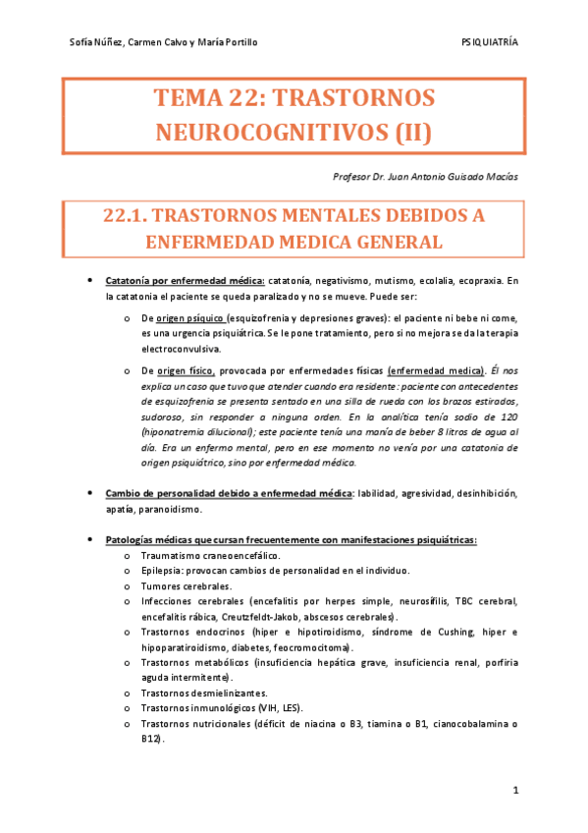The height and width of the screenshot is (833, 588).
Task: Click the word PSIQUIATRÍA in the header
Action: (489, 43)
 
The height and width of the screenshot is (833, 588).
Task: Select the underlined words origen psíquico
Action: (191, 320)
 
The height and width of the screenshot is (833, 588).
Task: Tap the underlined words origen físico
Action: (190, 371)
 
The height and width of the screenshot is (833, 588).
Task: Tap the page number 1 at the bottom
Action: (515, 791)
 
